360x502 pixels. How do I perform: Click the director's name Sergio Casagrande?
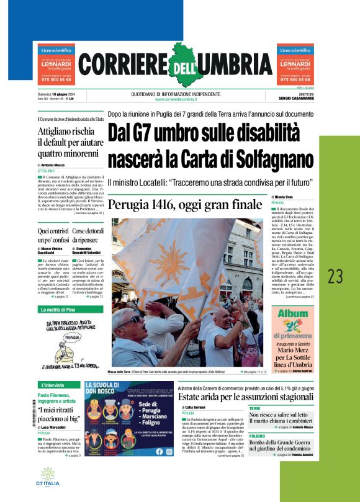[296, 99]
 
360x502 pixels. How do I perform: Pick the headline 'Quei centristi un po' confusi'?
[53, 235]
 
